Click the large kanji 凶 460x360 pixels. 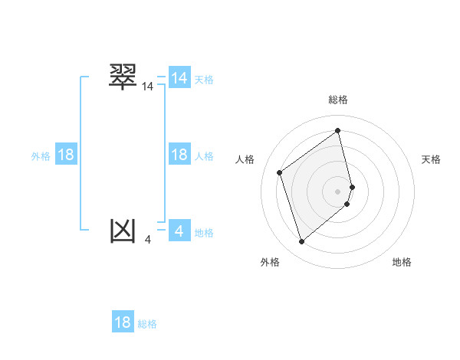123,230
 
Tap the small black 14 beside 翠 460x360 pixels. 148,87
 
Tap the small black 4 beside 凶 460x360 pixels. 148,240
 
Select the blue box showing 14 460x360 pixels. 179,78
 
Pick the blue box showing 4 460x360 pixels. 179,231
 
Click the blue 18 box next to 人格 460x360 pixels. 179,155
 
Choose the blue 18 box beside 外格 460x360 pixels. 66,155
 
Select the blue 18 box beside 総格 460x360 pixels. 123,322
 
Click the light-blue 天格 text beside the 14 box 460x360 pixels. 204,80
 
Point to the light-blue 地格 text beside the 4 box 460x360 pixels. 204,233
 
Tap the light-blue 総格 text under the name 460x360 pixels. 147,324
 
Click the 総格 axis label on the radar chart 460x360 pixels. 338,100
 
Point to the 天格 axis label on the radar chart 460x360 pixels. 431,159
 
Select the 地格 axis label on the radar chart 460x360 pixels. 402,262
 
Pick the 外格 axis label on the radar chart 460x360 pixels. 270,262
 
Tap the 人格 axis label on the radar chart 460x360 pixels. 245,159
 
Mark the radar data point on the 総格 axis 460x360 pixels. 338,131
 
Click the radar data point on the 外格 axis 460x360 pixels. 301,242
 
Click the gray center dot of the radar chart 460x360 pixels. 338,191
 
